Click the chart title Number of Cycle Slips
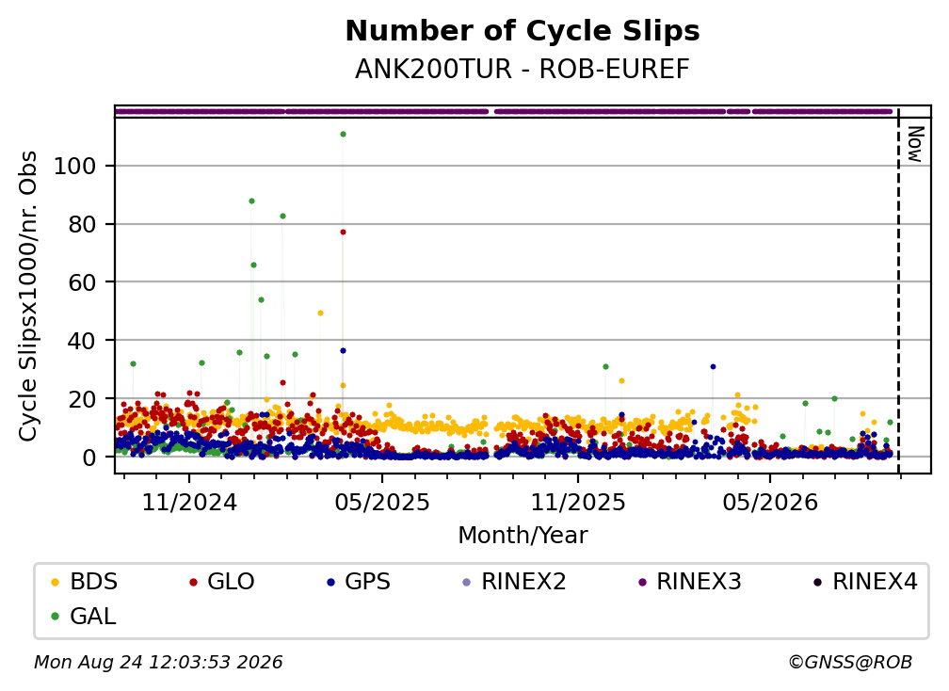point(523,31)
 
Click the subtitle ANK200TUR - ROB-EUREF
point(523,69)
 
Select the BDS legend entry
point(85,582)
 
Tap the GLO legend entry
point(222,582)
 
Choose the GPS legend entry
point(359,582)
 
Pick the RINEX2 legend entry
point(514,582)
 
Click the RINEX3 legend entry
point(690,582)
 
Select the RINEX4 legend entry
point(865,582)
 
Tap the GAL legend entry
point(84,617)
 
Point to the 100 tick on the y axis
point(75,166)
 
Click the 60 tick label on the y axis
point(82,282)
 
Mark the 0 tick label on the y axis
point(89,457)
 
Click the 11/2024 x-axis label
point(189,502)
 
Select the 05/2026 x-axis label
point(770,502)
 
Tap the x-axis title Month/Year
point(523,535)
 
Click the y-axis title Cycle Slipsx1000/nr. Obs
point(28,296)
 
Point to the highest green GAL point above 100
point(343,135)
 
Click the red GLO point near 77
point(343,232)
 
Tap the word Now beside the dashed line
point(915,144)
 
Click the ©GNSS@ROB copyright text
point(850,662)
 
